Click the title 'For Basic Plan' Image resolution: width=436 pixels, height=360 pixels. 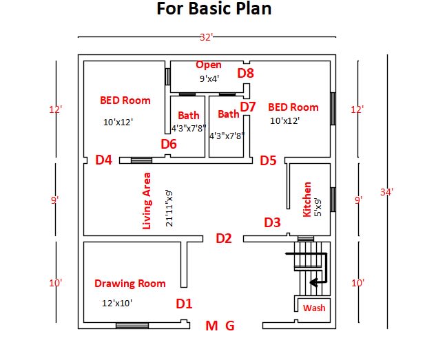214,10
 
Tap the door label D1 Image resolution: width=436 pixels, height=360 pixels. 184,304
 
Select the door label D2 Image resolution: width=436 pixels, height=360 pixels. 224,239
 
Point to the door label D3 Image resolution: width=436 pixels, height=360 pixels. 273,222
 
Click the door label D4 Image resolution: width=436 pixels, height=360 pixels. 103,160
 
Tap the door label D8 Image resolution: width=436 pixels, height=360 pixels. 246,73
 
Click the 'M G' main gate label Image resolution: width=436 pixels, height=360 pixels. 220,326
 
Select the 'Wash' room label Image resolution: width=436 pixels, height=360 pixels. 314,308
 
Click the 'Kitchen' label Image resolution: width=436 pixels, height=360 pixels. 307,200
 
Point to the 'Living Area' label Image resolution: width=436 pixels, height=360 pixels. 147,201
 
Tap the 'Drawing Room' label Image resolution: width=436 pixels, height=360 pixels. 130,283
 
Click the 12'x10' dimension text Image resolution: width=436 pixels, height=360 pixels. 116,301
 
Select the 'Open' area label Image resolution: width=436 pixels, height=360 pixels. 209,65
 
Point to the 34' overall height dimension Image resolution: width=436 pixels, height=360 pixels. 386,192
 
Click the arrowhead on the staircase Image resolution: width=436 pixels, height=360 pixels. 313,282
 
